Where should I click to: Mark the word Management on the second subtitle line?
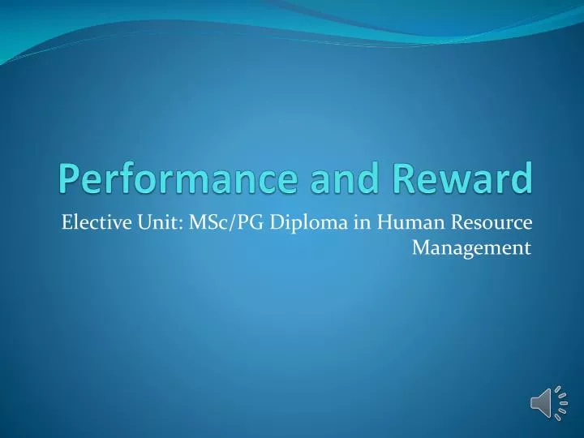click(x=471, y=247)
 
